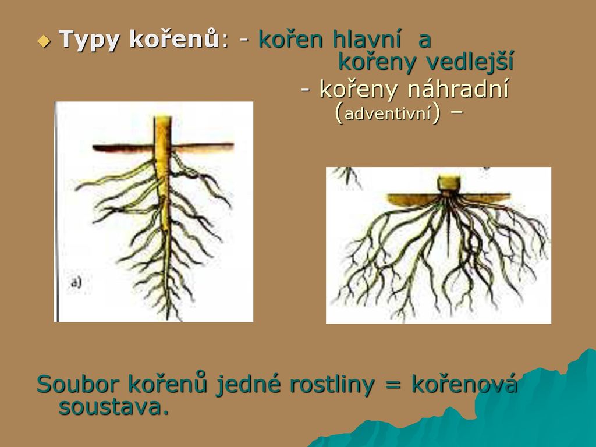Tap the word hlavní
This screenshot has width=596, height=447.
tap(367, 38)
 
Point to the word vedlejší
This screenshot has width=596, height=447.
tap(470, 62)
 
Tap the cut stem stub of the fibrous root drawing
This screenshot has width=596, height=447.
tap(449, 183)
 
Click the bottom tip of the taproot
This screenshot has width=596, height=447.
tap(168, 320)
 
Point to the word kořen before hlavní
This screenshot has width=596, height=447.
tap(291, 38)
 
